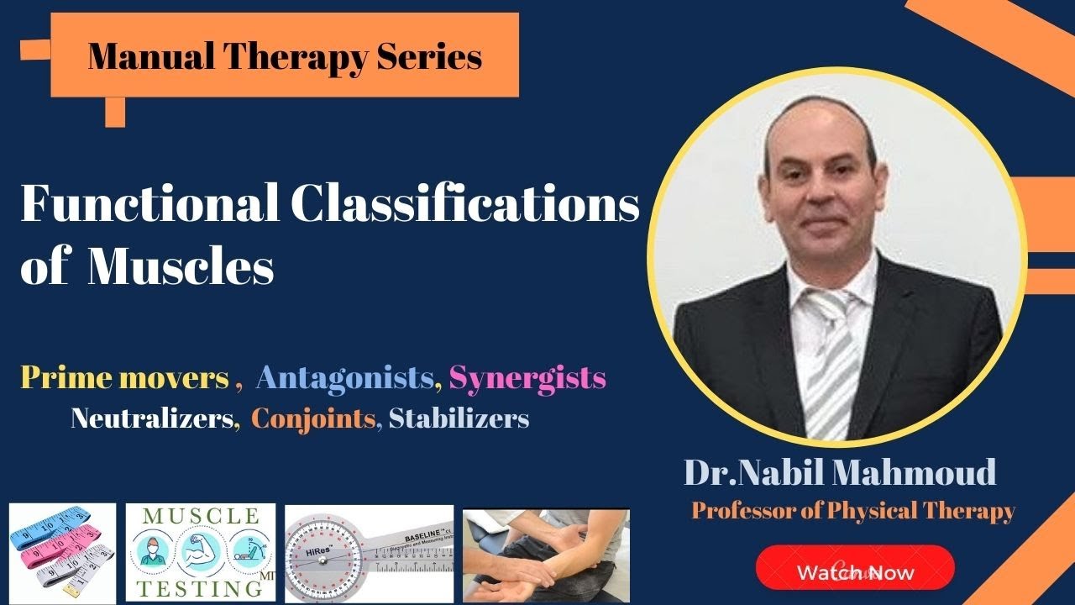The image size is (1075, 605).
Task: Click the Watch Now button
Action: click(x=855, y=572)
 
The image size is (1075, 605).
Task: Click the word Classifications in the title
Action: click(x=465, y=205)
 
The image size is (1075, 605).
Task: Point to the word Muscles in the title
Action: click(x=181, y=269)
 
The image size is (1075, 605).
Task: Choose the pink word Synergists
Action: click(x=527, y=378)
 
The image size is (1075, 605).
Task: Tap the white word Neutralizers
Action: click(x=151, y=418)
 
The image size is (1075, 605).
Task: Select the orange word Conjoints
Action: click(x=313, y=418)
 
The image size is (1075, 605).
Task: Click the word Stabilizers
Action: click(x=459, y=418)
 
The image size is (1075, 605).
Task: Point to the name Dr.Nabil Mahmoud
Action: click(x=840, y=473)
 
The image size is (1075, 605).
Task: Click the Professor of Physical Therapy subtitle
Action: click(x=853, y=510)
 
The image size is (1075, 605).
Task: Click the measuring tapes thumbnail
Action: click(x=62, y=553)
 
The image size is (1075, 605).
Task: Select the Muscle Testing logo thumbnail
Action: click(x=201, y=552)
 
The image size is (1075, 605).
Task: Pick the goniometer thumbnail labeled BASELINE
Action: click(x=369, y=553)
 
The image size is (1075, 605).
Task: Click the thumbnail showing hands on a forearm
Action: click(x=546, y=555)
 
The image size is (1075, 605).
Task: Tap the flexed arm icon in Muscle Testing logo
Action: click(x=200, y=550)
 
